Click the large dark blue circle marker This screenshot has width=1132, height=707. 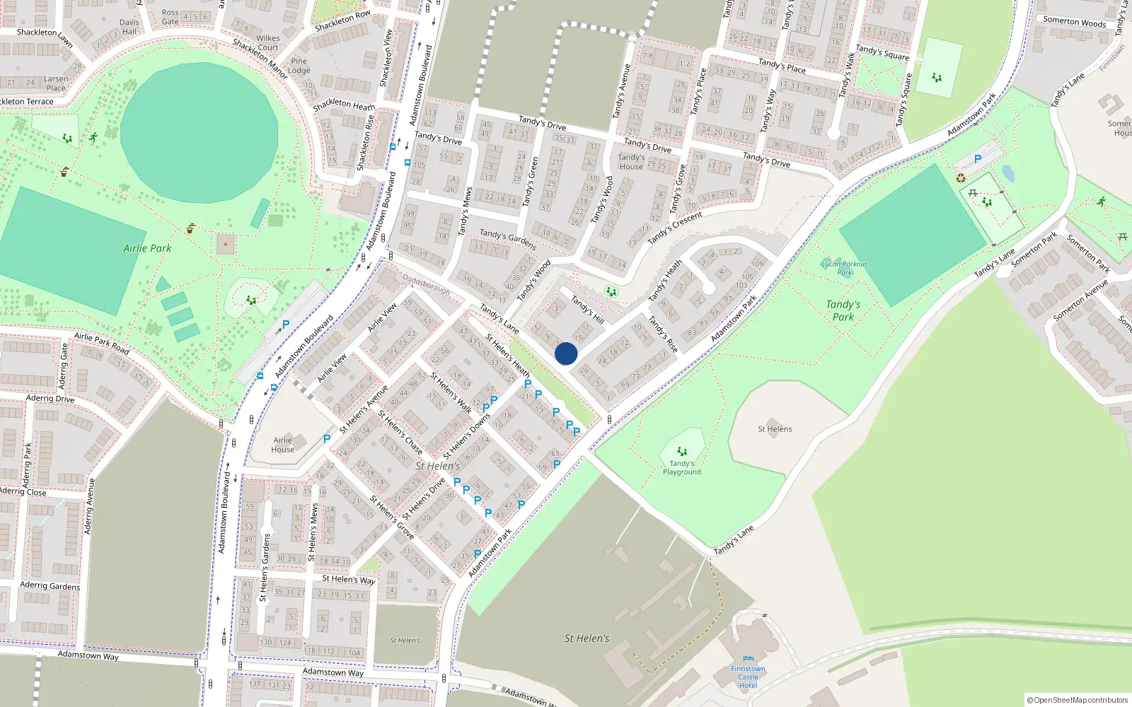(x=566, y=353)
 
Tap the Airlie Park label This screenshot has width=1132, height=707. (x=147, y=248)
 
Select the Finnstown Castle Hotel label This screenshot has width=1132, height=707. (x=748, y=677)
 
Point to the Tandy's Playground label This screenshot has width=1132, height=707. (x=682, y=467)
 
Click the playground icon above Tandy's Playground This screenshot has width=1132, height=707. (x=682, y=451)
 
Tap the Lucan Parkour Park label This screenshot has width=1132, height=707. (x=844, y=268)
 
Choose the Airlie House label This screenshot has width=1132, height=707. (x=283, y=445)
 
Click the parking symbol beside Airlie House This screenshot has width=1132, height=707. (x=327, y=439)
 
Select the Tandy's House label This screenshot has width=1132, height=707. (x=631, y=162)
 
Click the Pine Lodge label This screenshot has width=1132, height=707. (x=299, y=66)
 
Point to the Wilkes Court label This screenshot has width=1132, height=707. (x=268, y=42)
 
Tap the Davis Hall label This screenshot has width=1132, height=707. (x=129, y=27)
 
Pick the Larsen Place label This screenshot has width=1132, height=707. (x=56, y=83)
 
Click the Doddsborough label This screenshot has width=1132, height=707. (x=426, y=284)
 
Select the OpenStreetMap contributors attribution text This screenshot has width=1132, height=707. (x=1078, y=700)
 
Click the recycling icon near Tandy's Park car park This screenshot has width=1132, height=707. (x=961, y=178)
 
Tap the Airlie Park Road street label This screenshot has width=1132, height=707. (x=102, y=343)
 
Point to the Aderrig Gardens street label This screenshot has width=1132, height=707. (x=50, y=585)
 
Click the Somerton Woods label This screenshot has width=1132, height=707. (x=1074, y=21)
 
